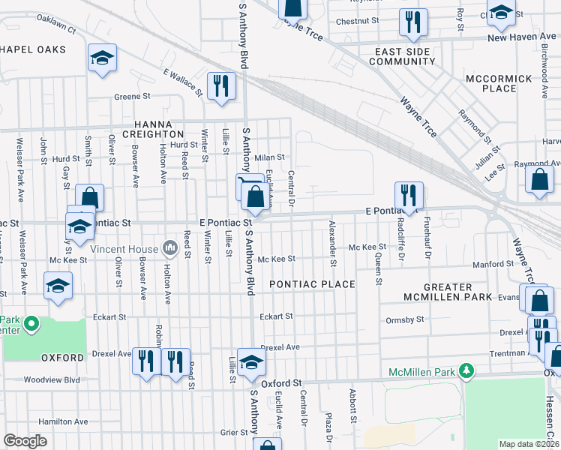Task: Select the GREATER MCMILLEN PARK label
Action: pyautogui.click(x=447, y=292)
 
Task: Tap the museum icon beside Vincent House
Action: pyautogui.click(x=170, y=248)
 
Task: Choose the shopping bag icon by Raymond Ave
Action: pyautogui.click(x=540, y=180)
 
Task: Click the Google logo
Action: pyautogui.click(x=25, y=441)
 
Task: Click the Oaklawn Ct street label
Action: pyautogui.click(x=56, y=27)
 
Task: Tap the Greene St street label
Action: pyautogui.click(x=132, y=97)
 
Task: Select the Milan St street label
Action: pyautogui.click(x=269, y=157)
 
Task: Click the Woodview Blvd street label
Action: pyautogui.click(x=52, y=379)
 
